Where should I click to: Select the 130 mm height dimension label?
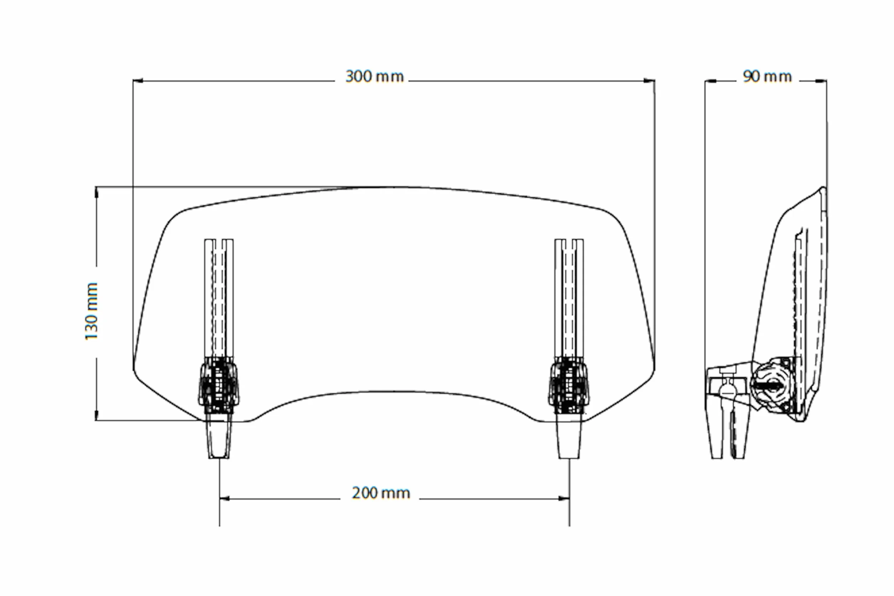point(92,311)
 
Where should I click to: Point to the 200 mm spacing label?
point(381,493)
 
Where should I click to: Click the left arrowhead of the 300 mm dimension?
point(138,81)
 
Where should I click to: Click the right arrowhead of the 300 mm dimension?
point(649,81)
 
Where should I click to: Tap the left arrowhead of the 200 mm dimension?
point(224,498)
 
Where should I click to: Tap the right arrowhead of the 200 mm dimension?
point(564,498)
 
